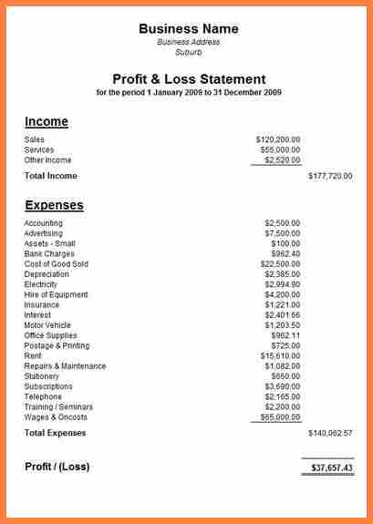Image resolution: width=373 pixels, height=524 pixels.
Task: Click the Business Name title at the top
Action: (x=189, y=28)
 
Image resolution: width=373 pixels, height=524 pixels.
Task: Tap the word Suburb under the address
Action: (x=189, y=52)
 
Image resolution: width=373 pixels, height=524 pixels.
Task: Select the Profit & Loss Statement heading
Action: (x=189, y=79)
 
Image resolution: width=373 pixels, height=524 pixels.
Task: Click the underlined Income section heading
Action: (x=47, y=121)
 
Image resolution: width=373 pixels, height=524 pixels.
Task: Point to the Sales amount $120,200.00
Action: (x=278, y=139)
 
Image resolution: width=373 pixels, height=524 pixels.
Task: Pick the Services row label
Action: (x=39, y=149)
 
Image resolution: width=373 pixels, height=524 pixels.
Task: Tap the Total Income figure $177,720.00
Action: (x=330, y=176)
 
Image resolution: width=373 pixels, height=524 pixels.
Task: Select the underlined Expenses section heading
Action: (x=54, y=205)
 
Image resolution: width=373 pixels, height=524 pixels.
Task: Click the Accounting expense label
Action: (x=44, y=223)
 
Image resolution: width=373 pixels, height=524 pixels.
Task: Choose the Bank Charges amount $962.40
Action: (x=284, y=254)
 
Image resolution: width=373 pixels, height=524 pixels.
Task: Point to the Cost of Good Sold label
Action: (x=56, y=264)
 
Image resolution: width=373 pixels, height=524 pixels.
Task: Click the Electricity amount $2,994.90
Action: (x=282, y=284)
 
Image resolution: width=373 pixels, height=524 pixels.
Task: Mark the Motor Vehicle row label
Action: (x=47, y=325)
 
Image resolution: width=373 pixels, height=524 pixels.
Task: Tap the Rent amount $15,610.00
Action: (x=280, y=355)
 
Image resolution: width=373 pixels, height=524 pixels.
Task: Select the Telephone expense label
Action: (x=43, y=396)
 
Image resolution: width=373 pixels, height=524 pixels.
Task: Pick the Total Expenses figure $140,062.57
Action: (x=330, y=433)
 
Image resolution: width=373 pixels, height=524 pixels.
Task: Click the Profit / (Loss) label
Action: (x=57, y=467)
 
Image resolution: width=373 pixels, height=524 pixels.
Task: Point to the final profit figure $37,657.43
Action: (x=332, y=467)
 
